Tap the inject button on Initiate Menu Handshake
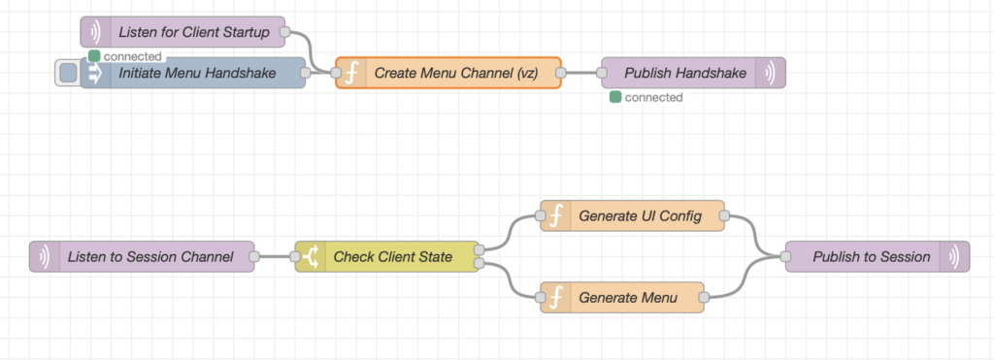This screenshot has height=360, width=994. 67,73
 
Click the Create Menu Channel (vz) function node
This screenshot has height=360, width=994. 456,73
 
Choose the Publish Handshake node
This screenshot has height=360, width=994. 684,73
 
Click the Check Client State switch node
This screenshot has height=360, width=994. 392,257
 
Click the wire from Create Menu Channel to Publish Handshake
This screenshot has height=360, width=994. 580,73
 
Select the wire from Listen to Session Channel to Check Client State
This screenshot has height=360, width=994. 275,257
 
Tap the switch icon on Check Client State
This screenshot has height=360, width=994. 312,257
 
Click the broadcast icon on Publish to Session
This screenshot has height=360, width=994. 954,257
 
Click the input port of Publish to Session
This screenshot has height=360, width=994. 786,257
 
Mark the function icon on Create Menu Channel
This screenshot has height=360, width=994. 351,73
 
